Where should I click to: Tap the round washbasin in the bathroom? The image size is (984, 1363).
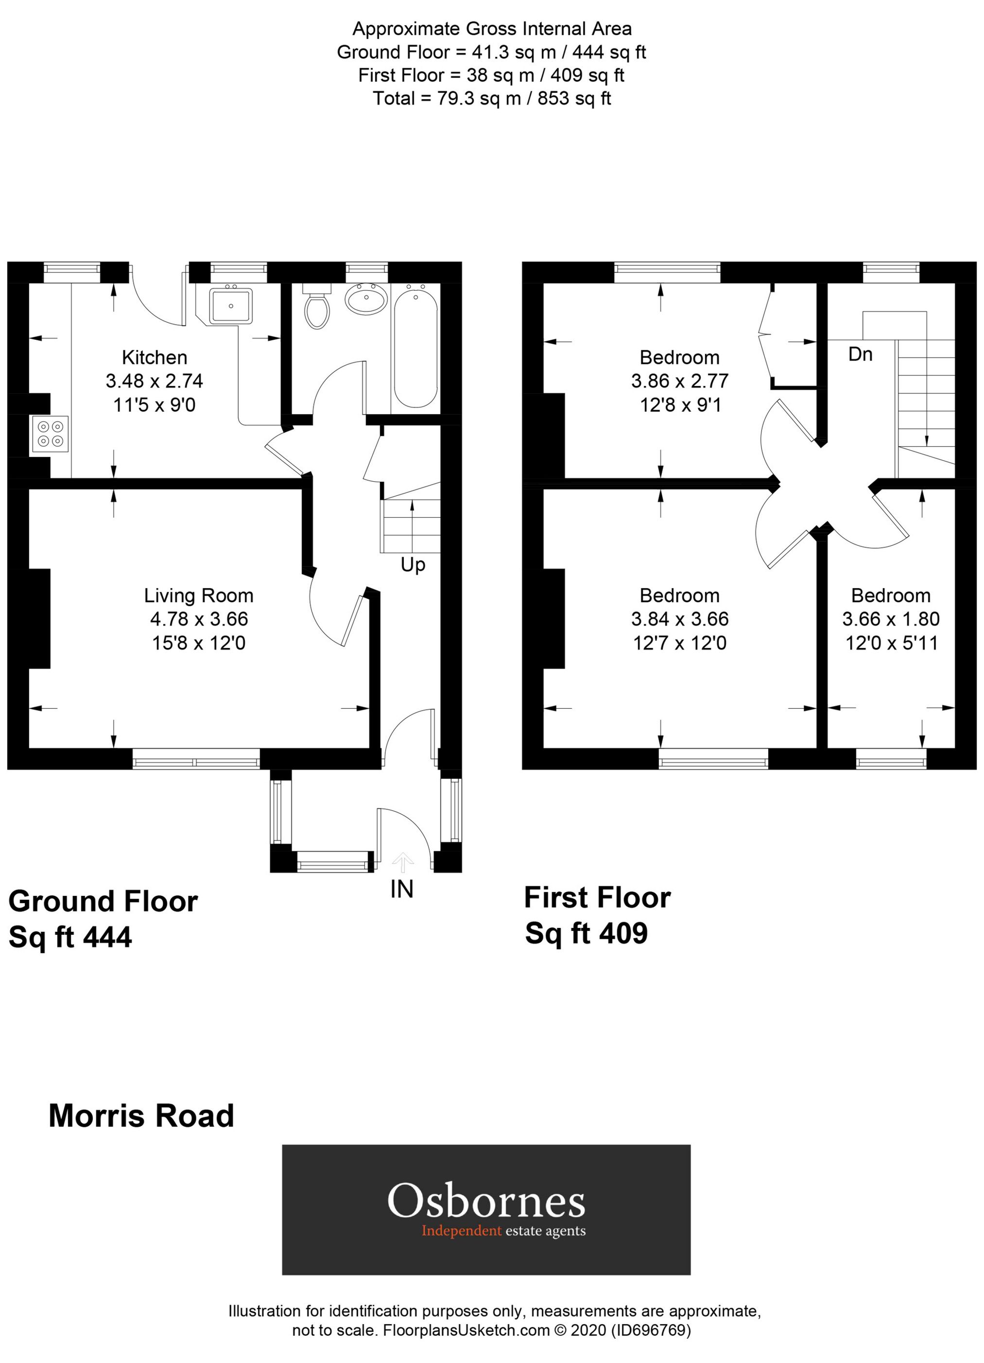(x=366, y=298)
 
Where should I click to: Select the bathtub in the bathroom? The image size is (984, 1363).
(x=414, y=349)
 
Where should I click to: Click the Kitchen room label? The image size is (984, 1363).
(x=155, y=358)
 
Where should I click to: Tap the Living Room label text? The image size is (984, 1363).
(x=198, y=595)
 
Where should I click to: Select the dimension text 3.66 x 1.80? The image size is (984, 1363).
(x=890, y=619)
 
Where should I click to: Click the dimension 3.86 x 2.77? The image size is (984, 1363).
(x=679, y=381)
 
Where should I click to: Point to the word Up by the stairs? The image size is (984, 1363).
(x=413, y=565)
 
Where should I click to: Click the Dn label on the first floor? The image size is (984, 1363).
(x=860, y=354)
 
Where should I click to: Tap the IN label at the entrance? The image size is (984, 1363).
(x=401, y=890)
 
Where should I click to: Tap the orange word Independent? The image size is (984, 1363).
(x=461, y=1231)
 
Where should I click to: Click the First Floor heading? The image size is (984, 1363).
(x=597, y=898)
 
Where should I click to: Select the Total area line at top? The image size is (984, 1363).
(x=491, y=98)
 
